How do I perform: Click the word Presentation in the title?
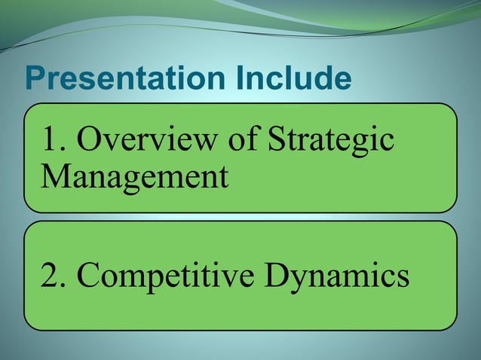115,79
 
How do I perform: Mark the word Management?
133,178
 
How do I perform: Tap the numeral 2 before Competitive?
51,276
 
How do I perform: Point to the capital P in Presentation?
35,79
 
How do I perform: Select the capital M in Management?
55,178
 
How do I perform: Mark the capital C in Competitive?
89,276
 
